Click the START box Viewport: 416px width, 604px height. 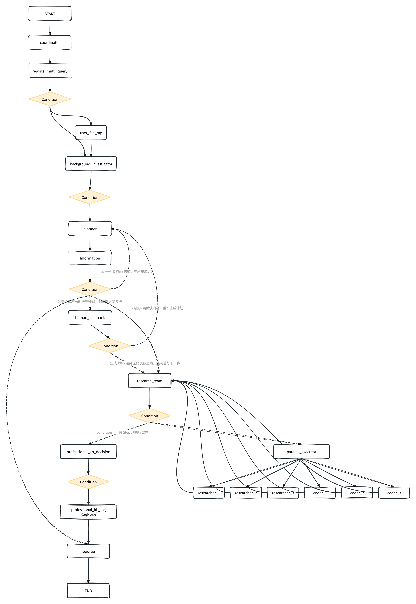[50, 14]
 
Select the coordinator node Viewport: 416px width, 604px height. [50, 42]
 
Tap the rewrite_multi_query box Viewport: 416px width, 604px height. [50, 71]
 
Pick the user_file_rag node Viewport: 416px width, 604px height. [91, 133]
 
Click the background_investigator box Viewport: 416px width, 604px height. [91, 164]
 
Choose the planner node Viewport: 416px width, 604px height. [90, 229]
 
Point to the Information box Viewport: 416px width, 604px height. [90, 258]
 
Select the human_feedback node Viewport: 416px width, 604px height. [90, 317]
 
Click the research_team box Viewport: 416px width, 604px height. [150, 381]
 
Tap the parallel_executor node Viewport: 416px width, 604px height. [301, 452]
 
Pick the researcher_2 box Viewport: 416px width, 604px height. [246, 493]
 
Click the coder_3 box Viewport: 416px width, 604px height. [394, 493]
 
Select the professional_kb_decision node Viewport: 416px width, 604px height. [88, 452]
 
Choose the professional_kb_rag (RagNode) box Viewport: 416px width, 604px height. [88, 512]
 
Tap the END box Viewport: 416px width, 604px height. [88, 591]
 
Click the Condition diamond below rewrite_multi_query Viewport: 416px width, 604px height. [50, 99]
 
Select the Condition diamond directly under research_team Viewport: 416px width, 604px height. [150, 416]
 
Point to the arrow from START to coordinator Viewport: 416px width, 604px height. [50, 28]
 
